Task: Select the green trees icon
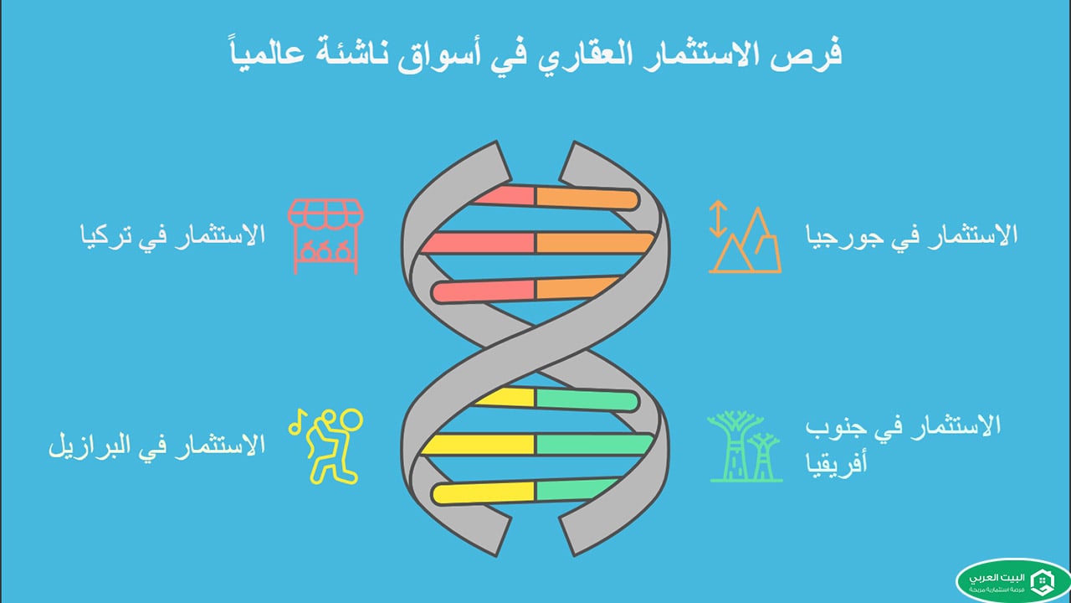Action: (x=746, y=446)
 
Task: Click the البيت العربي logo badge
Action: (x=1012, y=580)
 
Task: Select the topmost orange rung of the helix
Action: (x=586, y=198)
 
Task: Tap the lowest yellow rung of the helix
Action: (x=484, y=492)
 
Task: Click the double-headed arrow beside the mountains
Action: (x=716, y=219)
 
